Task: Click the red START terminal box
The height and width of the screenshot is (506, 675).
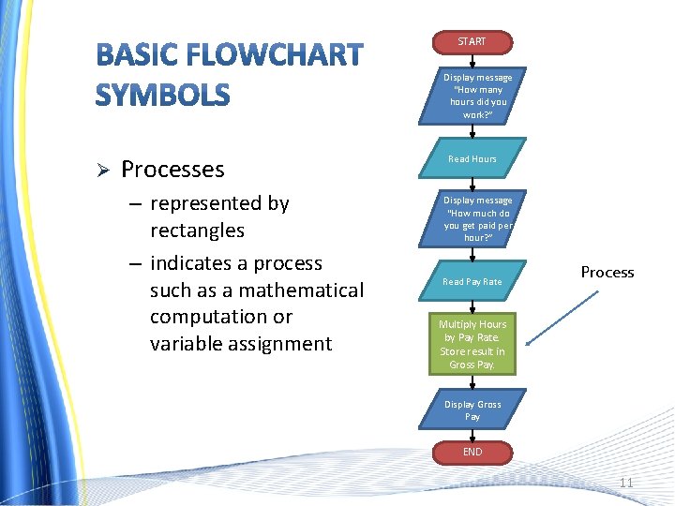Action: (x=472, y=42)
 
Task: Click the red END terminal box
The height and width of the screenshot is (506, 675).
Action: (x=472, y=453)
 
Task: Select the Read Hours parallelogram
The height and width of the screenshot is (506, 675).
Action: (x=472, y=159)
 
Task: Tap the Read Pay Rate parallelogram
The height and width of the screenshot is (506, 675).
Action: (x=472, y=281)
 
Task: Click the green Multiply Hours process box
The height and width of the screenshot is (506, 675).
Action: (x=472, y=344)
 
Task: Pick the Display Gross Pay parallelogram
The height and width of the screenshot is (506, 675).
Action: (x=472, y=410)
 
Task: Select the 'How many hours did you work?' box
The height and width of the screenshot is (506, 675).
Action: (x=477, y=96)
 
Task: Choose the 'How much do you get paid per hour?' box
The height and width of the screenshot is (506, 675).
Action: (x=477, y=218)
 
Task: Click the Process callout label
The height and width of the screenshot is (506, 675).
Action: (x=607, y=273)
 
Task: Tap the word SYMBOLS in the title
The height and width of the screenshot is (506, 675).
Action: (x=162, y=95)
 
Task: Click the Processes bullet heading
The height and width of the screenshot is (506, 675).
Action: (x=172, y=170)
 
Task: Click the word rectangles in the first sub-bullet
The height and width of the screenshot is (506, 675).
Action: (x=197, y=231)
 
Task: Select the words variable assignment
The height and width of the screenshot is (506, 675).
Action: (x=240, y=344)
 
